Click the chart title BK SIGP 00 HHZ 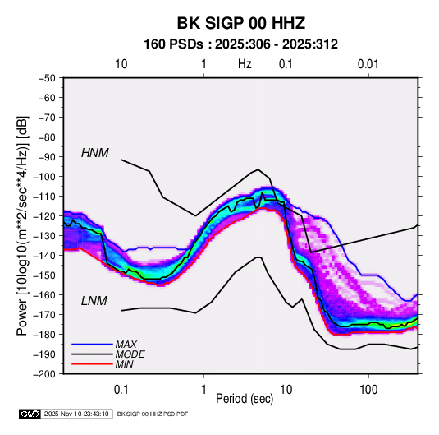click(x=240, y=23)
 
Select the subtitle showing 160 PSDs click(x=240, y=44)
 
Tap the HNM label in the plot click(x=95, y=153)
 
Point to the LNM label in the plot click(x=94, y=301)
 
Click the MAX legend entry click(x=126, y=344)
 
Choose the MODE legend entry click(x=130, y=354)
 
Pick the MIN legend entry click(x=124, y=364)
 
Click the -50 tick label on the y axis click(x=47, y=78)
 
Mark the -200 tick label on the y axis click(x=44, y=374)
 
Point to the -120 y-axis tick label click(x=44, y=216)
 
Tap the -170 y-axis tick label click(x=44, y=315)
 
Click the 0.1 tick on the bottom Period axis click(x=121, y=390)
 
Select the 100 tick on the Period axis click(x=368, y=390)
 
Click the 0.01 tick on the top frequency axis click(x=368, y=64)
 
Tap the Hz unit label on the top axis click(x=245, y=64)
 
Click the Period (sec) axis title click(x=245, y=399)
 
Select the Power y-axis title click(x=22, y=226)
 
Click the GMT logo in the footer click(x=30, y=414)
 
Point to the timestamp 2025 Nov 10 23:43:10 click(x=76, y=414)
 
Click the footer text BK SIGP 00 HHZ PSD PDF click(x=153, y=414)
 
